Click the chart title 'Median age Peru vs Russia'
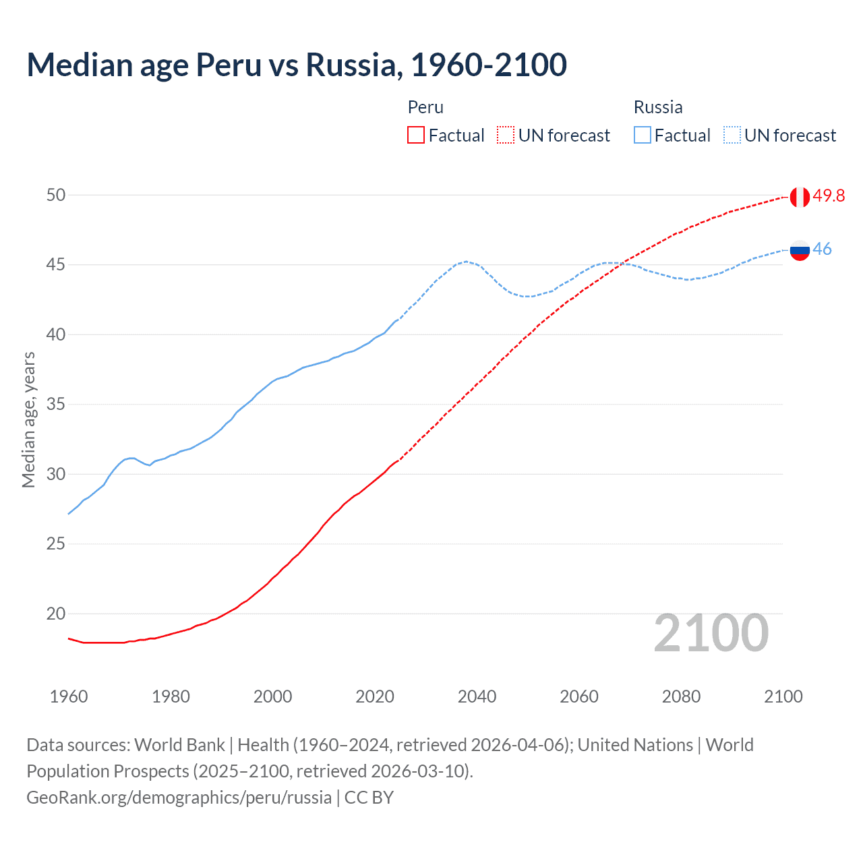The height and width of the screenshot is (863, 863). click(297, 65)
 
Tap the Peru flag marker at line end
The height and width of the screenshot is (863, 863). click(799, 197)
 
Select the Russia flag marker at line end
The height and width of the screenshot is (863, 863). click(799, 250)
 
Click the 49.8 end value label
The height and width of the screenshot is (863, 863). click(829, 196)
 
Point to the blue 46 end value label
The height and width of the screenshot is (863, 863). click(822, 249)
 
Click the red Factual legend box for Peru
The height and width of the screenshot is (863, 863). click(416, 136)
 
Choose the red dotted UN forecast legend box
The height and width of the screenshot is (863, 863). click(506, 136)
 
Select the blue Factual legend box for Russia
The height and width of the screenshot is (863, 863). click(643, 136)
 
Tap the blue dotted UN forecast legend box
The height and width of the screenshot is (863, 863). click(732, 136)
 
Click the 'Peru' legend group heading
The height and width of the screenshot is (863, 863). click(425, 107)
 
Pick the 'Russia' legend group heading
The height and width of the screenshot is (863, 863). click(658, 107)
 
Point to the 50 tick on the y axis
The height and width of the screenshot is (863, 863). click(56, 195)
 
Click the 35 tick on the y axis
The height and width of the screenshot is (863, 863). click(56, 405)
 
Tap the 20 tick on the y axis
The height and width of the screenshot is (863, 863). click(56, 614)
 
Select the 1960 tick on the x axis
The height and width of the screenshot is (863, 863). click(69, 696)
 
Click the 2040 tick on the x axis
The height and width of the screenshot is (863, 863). click(477, 696)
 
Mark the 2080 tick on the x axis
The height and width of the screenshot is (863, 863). click(681, 696)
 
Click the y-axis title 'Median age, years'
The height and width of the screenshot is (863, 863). click(28, 419)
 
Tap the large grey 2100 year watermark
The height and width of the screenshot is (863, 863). click(711, 633)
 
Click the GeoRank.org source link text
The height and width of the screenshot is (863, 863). click(179, 798)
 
